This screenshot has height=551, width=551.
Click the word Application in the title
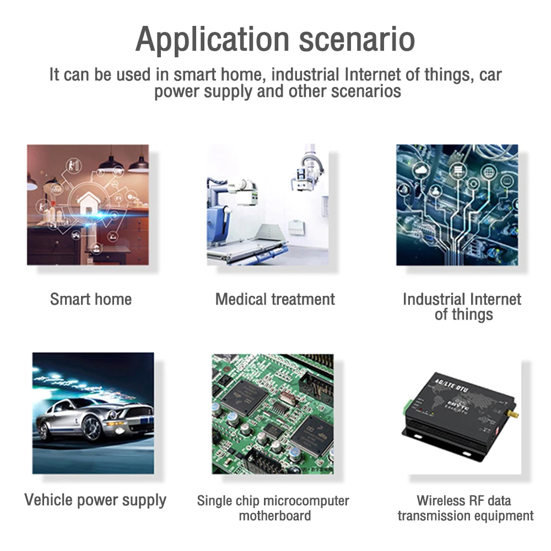click(x=212, y=40)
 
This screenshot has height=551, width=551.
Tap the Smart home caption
click(x=91, y=299)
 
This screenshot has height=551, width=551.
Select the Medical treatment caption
click(x=275, y=299)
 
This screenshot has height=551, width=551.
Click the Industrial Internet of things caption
click(x=462, y=307)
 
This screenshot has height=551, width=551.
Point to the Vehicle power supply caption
click(x=95, y=500)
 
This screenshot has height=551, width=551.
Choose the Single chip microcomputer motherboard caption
click(x=273, y=508)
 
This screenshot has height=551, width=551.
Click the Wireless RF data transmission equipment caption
click(x=464, y=508)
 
